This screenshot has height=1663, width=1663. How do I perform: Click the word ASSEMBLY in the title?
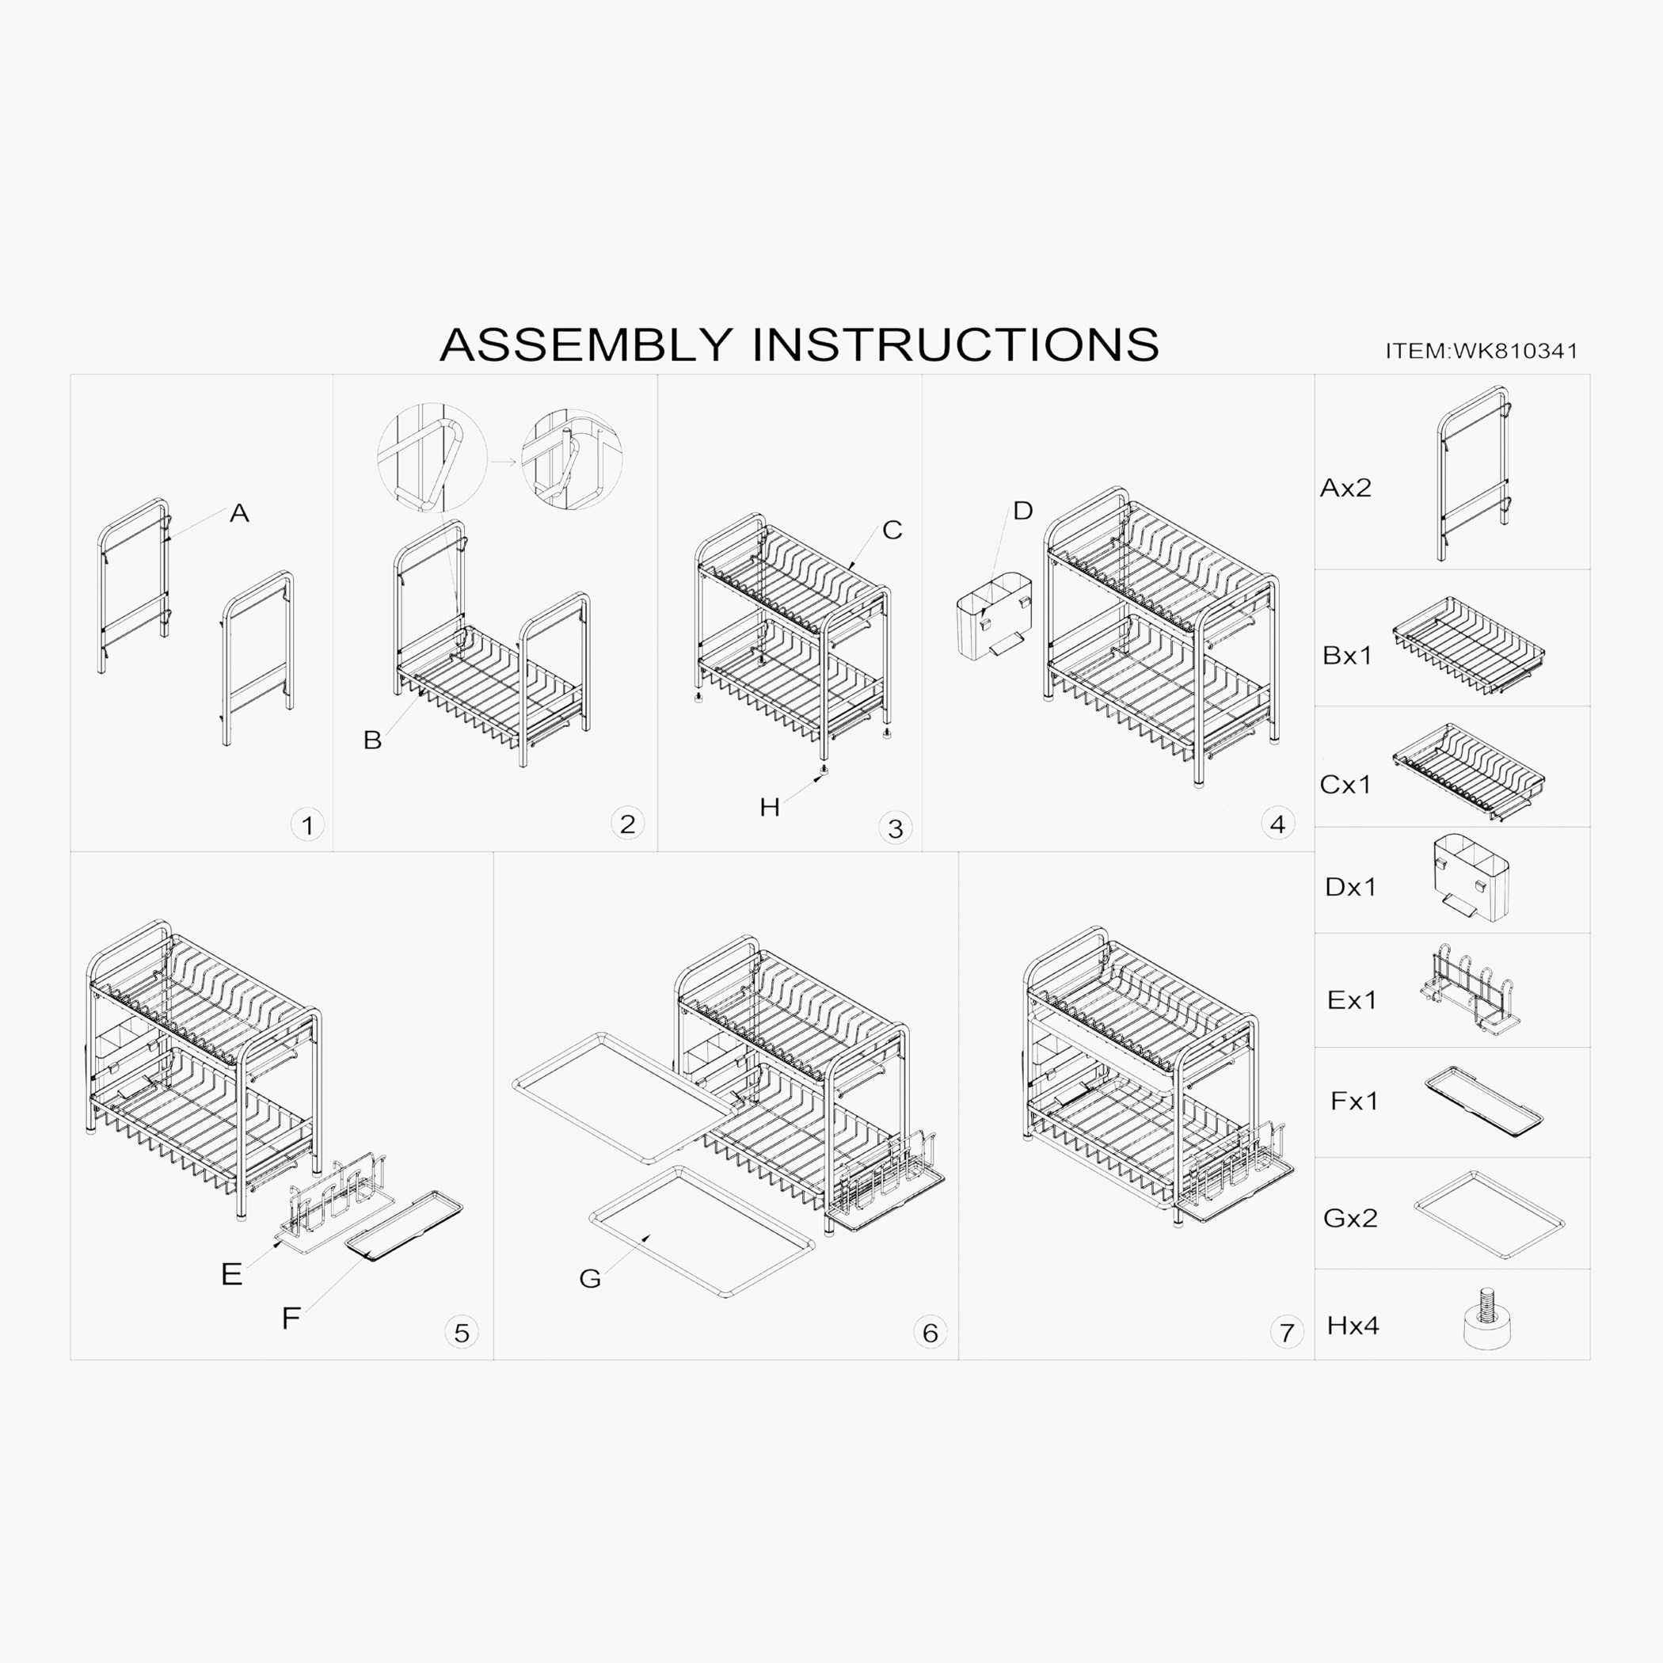[586, 344]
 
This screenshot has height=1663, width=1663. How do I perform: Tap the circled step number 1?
[307, 825]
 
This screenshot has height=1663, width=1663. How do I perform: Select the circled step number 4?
[1277, 824]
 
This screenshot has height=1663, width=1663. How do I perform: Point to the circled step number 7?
[1287, 1334]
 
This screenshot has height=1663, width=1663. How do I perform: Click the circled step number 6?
[930, 1333]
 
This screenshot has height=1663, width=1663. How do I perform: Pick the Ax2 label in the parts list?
[1345, 488]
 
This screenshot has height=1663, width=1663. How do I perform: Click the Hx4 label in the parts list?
[1353, 1326]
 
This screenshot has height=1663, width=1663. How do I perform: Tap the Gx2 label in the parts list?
[1349, 1218]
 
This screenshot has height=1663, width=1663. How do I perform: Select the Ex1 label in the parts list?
[1352, 1000]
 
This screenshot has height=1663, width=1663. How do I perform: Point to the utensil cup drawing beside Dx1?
[1471, 877]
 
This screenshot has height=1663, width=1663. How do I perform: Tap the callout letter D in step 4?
[1022, 512]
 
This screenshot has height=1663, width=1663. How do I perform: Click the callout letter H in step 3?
[770, 808]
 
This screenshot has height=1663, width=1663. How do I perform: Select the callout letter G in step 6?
[590, 1279]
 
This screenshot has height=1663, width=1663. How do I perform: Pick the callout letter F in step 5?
[291, 1318]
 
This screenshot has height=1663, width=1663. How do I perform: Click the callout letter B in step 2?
[372, 740]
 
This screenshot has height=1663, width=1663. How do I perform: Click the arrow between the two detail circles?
[504, 462]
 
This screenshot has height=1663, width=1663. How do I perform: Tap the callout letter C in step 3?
[892, 531]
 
